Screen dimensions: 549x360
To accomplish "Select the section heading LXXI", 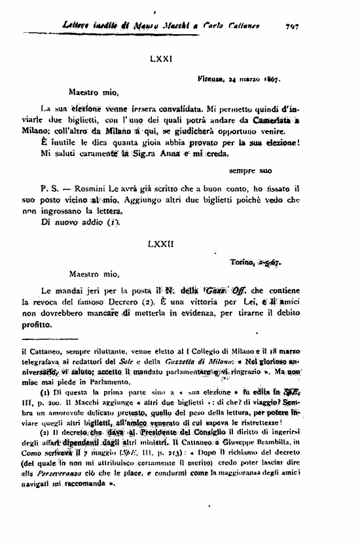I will tap(160, 60).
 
